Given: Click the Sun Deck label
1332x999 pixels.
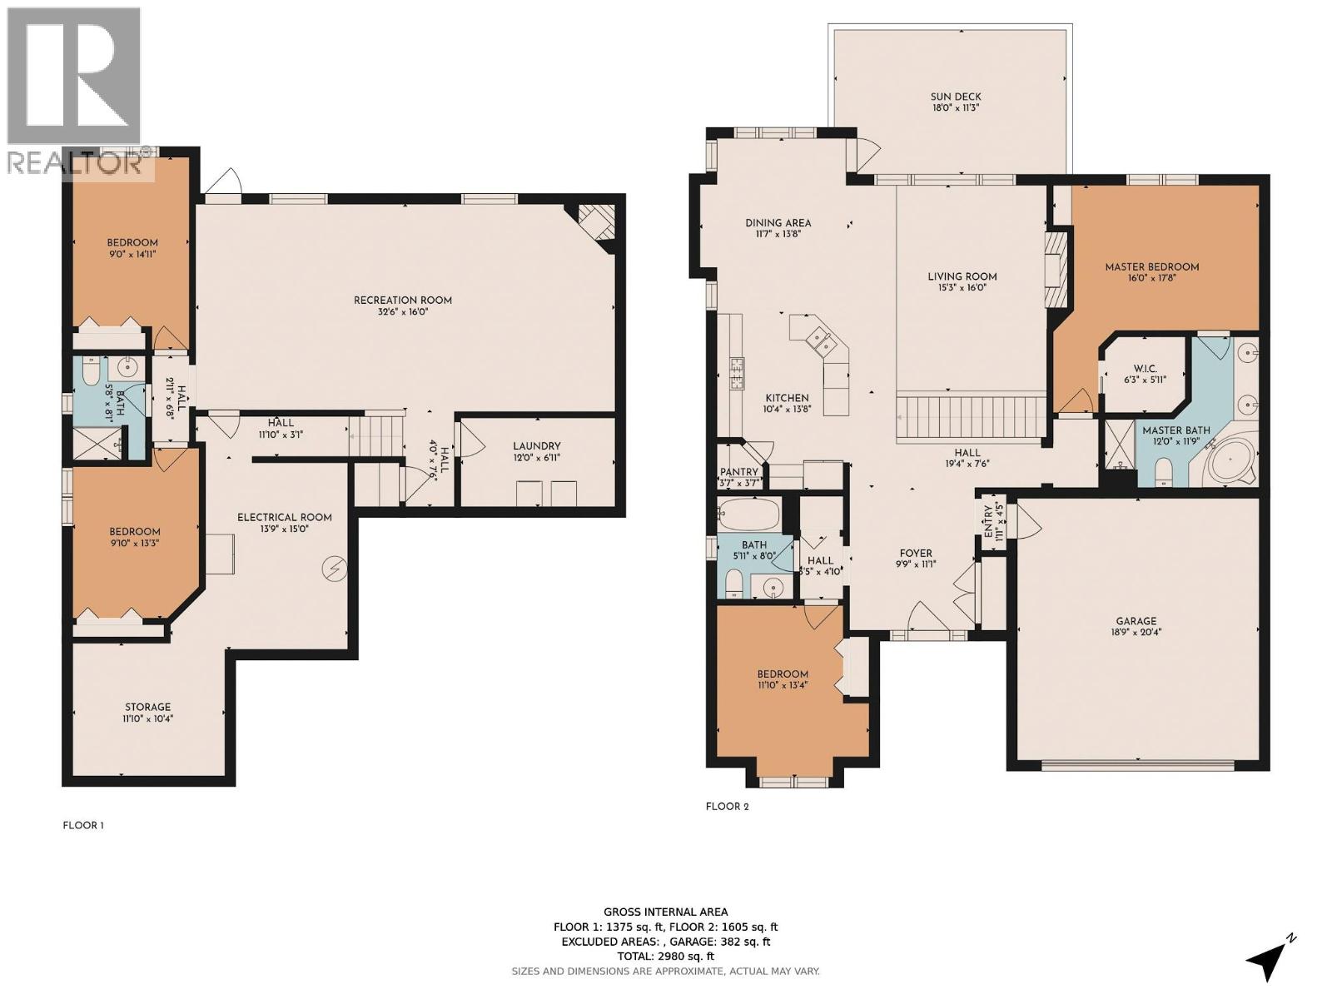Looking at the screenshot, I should (x=956, y=97).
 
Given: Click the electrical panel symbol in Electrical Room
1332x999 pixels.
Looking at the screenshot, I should (x=335, y=569).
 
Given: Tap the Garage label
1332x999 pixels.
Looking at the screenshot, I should (x=1136, y=620).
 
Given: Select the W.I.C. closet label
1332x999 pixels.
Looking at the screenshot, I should (x=1145, y=369).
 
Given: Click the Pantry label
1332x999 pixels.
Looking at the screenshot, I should (x=738, y=472).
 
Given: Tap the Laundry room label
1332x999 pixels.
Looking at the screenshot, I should (x=536, y=446).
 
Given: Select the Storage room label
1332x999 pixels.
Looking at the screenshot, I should (x=148, y=707).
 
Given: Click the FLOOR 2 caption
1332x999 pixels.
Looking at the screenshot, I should (x=727, y=806).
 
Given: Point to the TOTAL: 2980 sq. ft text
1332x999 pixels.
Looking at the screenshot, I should (x=665, y=957).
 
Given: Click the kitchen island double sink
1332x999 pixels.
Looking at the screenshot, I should (x=816, y=339).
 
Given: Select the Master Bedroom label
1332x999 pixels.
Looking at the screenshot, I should (x=1151, y=267).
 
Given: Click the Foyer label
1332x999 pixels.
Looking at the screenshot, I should (x=916, y=553).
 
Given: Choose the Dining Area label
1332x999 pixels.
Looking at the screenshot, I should (x=778, y=222).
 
